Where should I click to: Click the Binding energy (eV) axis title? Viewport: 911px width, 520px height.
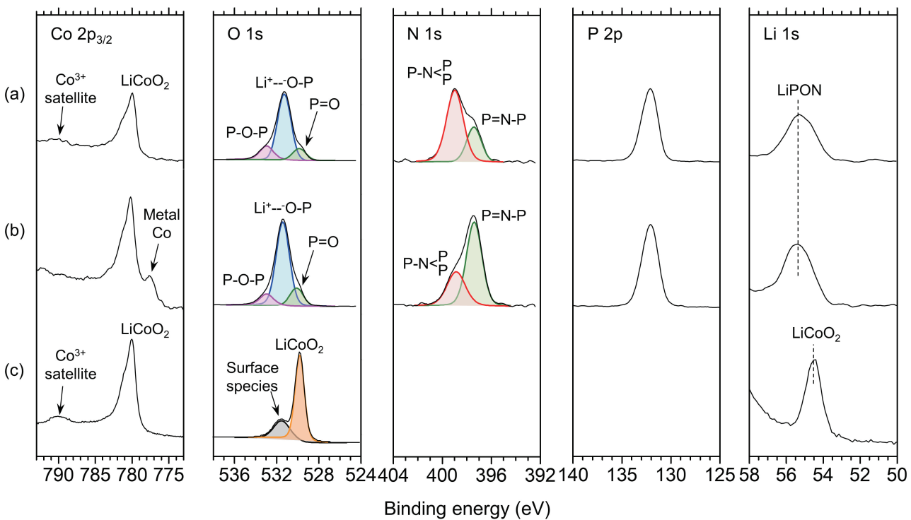coord(467,508)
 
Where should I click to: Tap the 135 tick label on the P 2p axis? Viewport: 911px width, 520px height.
coord(622,473)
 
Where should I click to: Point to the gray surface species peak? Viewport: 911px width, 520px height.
coord(280,428)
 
